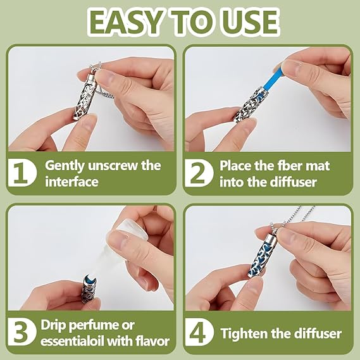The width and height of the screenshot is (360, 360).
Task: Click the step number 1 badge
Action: point(22,173)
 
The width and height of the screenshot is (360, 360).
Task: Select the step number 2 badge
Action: point(199,173)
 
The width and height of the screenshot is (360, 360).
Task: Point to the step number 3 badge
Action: point(22,332)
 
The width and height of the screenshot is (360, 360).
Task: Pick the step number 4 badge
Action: point(199,332)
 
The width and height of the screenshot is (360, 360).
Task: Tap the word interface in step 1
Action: point(71,182)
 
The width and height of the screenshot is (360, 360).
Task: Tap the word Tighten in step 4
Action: point(244,333)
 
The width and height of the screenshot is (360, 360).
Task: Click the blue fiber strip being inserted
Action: point(271,78)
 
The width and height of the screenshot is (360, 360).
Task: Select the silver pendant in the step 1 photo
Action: point(84,96)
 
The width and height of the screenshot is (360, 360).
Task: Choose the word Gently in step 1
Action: point(65,166)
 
